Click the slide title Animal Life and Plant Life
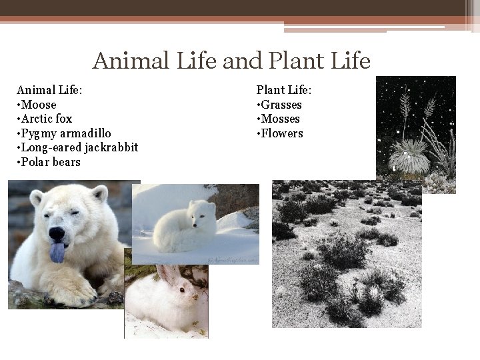[231, 61]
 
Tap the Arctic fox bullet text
[46, 119]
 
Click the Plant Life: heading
[284, 90]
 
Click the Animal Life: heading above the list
[49, 90]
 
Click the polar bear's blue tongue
[57, 251]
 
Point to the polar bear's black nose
[57, 234]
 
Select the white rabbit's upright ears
[163, 275]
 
